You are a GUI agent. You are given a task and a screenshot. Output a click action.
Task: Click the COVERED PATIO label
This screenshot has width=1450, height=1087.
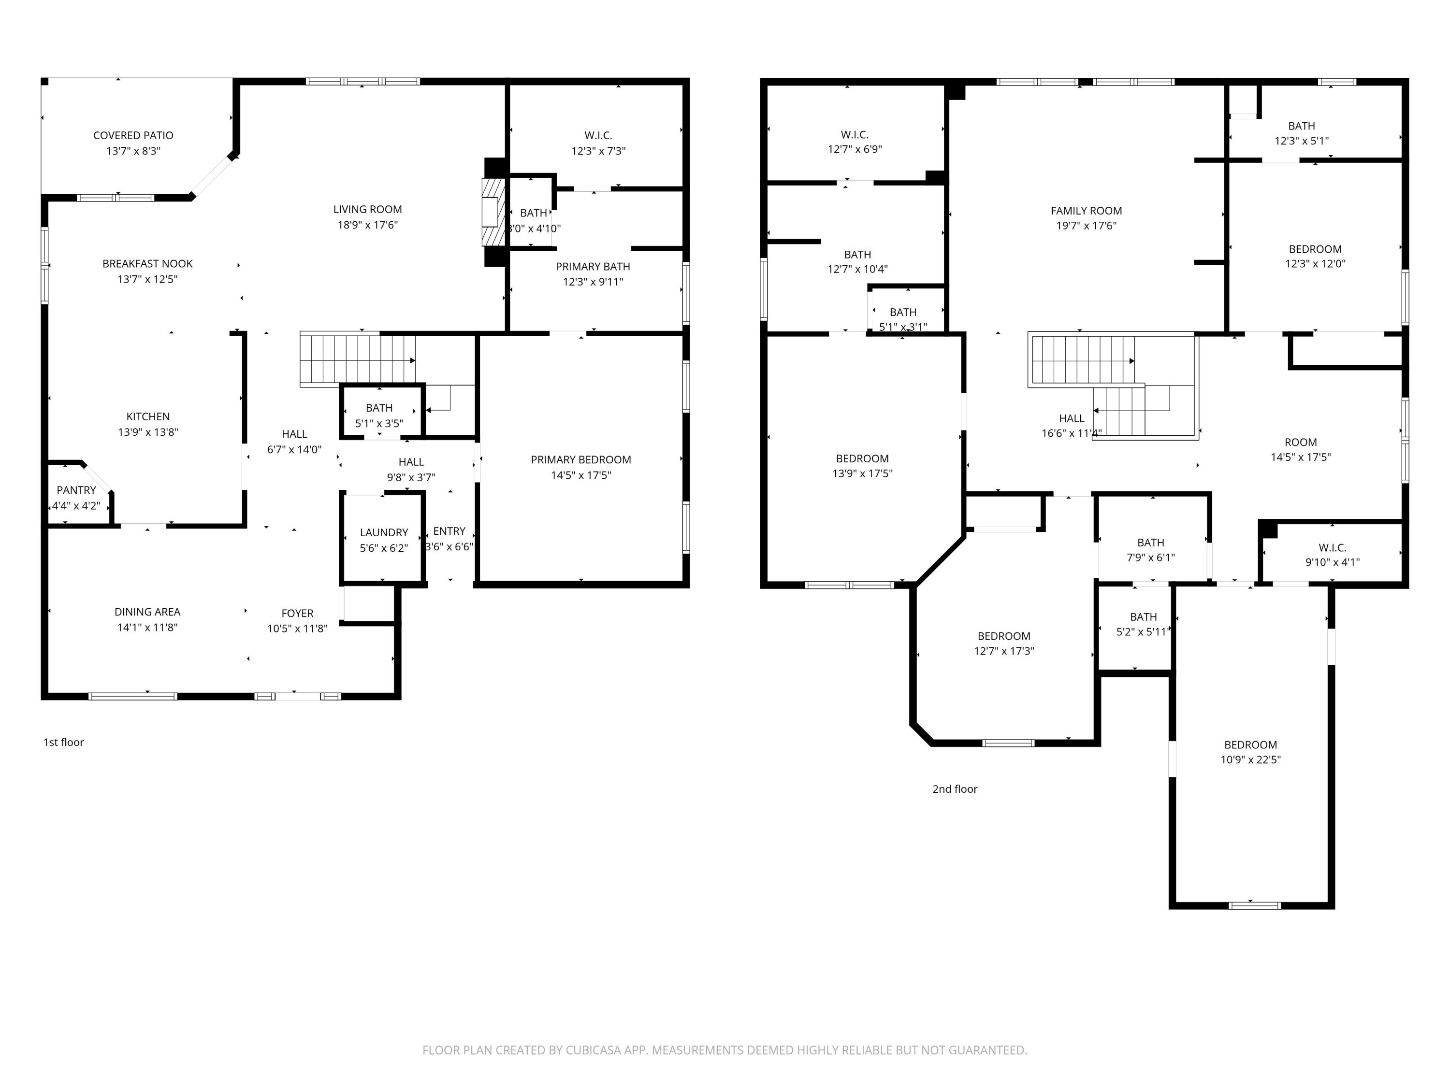(133, 136)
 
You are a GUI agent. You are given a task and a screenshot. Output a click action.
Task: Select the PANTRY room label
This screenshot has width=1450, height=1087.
(76, 490)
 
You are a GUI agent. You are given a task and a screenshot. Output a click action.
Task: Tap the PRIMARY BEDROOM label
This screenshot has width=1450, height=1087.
(581, 460)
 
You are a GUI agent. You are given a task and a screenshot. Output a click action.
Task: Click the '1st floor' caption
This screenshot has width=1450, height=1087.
(64, 743)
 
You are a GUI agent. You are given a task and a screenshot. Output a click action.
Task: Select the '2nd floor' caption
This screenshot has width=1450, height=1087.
(955, 789)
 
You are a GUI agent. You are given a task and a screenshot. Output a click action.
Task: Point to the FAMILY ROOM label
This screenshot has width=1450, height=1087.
(1086, 211)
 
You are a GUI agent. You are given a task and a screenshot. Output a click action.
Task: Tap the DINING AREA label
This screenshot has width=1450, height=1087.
(147, 612)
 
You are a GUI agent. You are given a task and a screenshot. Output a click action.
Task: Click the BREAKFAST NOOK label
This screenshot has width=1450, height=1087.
(147, 264)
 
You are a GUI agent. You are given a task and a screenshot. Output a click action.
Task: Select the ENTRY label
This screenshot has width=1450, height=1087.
(449, 531)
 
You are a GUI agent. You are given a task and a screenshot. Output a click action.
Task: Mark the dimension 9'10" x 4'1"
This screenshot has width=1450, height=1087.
(1332, 562)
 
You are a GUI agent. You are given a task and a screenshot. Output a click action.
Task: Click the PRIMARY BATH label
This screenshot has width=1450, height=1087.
(593, 267)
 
